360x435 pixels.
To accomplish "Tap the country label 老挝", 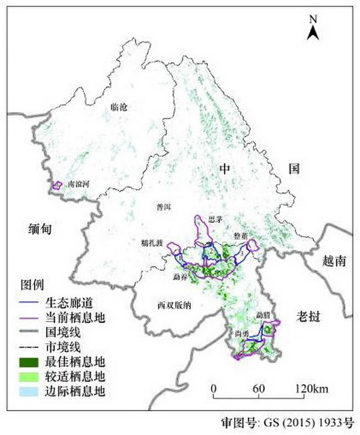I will pyautogui.click(x=309, y=316).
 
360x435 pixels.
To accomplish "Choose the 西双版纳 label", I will pyautogui.click(x=174, y=305).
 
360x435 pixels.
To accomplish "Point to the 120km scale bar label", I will pyautogui.click(x=310, y=389).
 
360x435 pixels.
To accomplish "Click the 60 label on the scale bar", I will pyautogui.click(x=258, y=389).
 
